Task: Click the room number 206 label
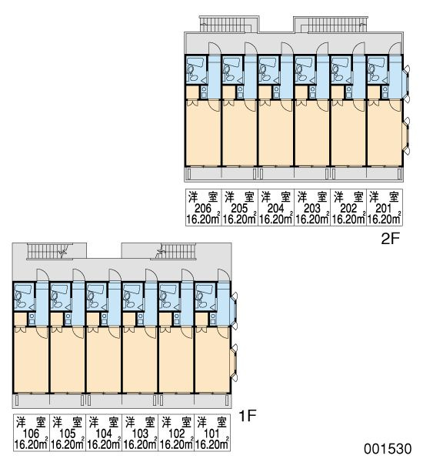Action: [x=203, y=209]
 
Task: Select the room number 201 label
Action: [x=383, y=209]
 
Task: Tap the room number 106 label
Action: [x=31, y=434]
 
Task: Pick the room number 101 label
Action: [x=211, y=434]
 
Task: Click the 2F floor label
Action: [x=389, y=239]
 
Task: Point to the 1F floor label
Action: [x=248, y=416]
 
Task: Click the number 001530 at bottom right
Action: [x=388, y=449]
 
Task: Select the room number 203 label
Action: [x=311, y=209]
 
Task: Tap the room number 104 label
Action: [x=104, y=434]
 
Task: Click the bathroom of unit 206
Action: [x=196, y=69]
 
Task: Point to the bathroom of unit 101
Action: [x=205, y=296]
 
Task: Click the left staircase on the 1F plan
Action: [x=49, y=251]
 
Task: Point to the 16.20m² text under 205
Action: [x=238, y=219]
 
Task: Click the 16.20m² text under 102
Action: [x=175, y=444]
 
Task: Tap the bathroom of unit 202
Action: [x=341, y=69]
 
